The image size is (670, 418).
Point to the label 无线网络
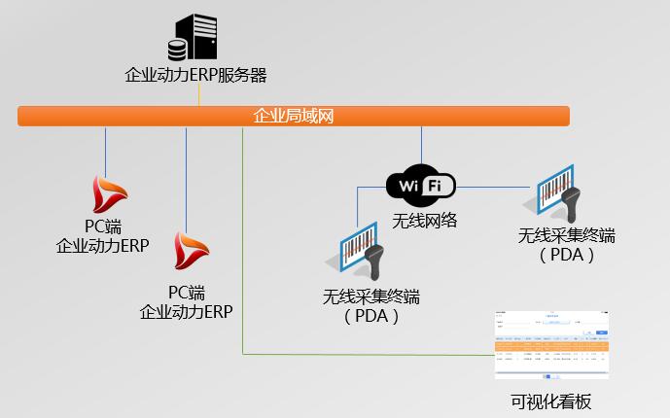424,221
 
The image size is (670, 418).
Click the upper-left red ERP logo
107,193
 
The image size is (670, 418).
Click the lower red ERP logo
186,251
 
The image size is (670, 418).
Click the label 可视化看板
550,401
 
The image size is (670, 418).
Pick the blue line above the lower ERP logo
185,175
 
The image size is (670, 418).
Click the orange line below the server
198,95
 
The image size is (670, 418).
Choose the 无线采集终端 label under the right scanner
566,236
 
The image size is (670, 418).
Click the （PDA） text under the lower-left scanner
371,315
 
